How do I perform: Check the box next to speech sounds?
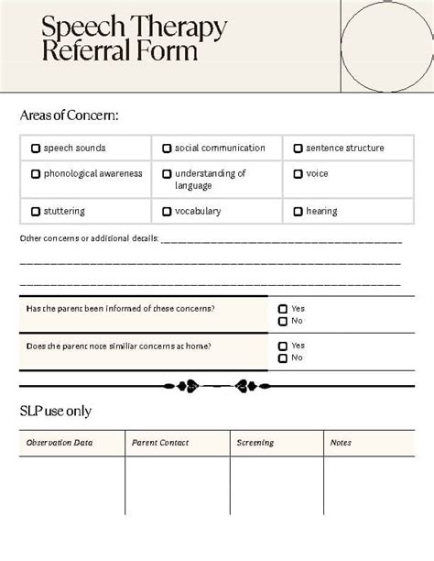tap(36, 148)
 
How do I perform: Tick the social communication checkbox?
tap(167, 148)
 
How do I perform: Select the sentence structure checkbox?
tap(298, 148)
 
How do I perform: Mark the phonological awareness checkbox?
tap(36, 174)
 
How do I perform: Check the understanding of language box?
tap(167, 174)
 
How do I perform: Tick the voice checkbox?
tap(298, 174)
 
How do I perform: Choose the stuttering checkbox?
tap(36, 212)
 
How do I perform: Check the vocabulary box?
tap(167, 212)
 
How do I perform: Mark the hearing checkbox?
tap(298, 212)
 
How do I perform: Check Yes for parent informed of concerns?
tap(283, 310)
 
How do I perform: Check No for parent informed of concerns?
tap(283, 322)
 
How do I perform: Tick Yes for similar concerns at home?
tap(283, 346)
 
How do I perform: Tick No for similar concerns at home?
tap(283, 358)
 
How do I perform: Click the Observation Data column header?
tap(60, 443)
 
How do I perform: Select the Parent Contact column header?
tap(160, 443)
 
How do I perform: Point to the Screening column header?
tap(255, 443)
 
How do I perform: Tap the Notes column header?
tap(341, 443)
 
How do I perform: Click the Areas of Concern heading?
tap(69, 115)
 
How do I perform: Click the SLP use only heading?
tap(55, 411)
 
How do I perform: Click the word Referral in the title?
tap(84, 52)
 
